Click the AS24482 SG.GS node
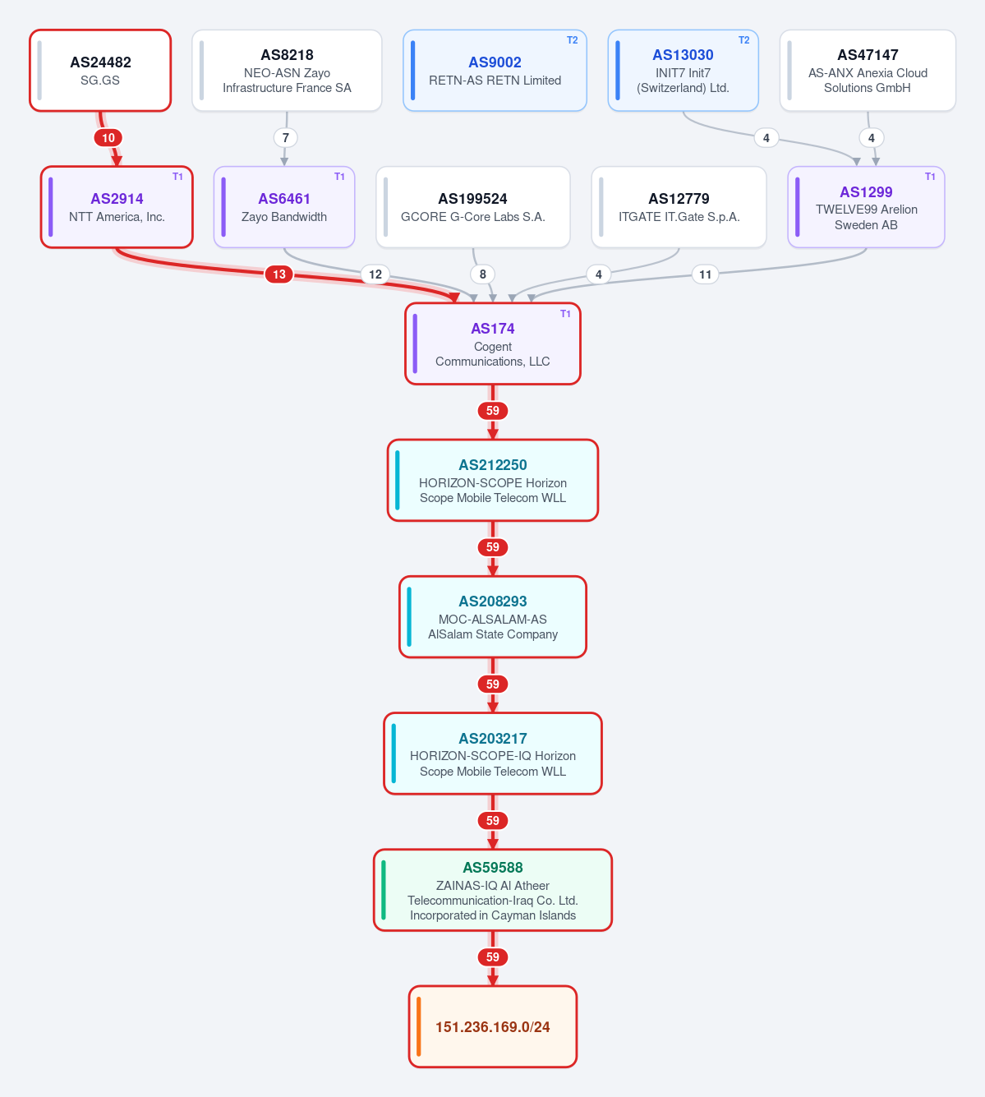(100, 71)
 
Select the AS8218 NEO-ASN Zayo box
(287, 71)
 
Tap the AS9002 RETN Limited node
(495, 71)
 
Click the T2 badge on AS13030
(744, 40)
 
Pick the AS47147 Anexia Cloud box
(868, 71)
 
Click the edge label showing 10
(108, 138)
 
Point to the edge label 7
(285, 138)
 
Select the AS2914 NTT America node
(117, 207)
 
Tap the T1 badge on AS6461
(339, 177)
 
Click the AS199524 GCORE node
(473, 207)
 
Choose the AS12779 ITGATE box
(679, 207)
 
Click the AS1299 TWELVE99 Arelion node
(867, 207)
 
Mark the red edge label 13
(278, 274)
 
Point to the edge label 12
(375, 274)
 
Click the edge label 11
(705, 274)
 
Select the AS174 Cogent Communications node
(493, 343)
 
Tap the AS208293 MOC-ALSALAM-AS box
(493, 617)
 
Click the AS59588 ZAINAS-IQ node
(493, 890)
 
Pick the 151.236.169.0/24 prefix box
(493, 1026)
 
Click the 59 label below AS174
(493, 411)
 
